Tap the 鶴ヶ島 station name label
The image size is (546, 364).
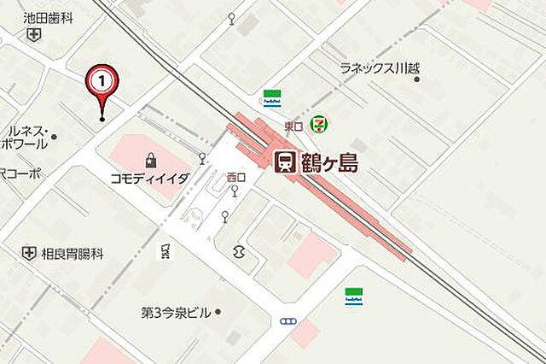[328, 162]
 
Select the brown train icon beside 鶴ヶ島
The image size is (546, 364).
[284, 162]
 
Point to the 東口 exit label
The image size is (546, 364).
[293, 126]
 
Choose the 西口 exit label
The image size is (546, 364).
[235, 177]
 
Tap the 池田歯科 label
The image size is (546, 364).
[47, 15]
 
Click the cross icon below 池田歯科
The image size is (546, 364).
[33, 34]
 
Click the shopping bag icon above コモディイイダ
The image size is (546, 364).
[151, 159]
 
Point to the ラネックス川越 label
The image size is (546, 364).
[380, 68]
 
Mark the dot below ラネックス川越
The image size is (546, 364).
[416, 79]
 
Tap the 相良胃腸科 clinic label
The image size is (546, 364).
[73, 253]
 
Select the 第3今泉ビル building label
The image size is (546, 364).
[175, 313]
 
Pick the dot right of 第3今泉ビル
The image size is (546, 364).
[218, 313]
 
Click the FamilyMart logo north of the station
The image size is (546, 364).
[272, 97]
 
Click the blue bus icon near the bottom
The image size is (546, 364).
[288, 321]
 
